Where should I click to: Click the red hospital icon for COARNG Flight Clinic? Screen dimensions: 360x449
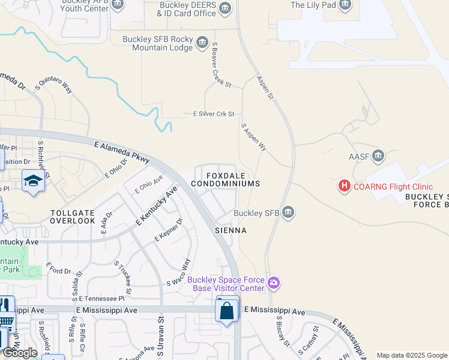point(345,186)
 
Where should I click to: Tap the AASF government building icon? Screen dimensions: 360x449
point(378,157)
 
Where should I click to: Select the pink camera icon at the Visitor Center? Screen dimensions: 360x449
point(274,282)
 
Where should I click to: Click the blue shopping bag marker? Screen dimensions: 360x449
point(227,311)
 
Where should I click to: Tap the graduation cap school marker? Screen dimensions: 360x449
point(33,181)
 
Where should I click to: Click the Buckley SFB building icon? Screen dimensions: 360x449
point(288,212)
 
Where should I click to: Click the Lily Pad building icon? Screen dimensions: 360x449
point(345,5)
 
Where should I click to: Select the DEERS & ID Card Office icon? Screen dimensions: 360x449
point(225,8)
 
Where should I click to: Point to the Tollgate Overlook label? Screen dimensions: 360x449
point(73,217)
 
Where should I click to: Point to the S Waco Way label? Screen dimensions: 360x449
point(178,273)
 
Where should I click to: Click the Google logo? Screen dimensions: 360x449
point(20,353)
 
